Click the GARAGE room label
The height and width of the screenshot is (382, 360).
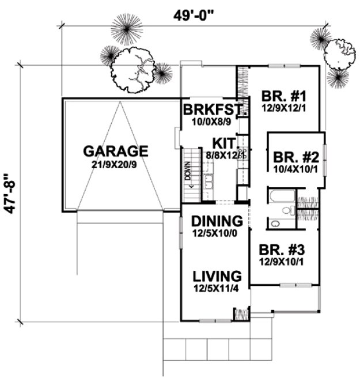coord(116,151)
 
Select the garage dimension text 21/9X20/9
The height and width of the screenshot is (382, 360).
coord(116,164)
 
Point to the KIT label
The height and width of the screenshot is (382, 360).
coord(222,142)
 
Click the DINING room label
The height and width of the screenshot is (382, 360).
coord(216,221)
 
